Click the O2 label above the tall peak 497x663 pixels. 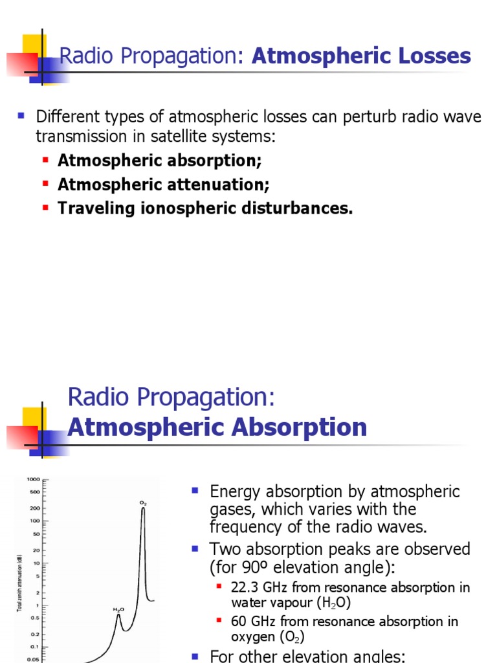click(143, 502)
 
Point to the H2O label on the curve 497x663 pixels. click(118, 609)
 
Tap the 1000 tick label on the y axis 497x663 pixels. click(32, 479)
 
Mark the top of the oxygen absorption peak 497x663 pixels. click(143, 509)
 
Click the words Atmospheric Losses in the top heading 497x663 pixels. click(361, 56)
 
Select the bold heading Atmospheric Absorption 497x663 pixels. click(217, 427)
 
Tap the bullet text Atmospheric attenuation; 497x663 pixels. click(163, 185)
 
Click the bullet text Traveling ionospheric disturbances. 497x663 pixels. click(205, 208)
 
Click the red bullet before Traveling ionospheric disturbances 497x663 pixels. click(45, 208)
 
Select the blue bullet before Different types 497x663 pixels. click(21, 117)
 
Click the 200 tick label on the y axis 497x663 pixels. click(34, 508)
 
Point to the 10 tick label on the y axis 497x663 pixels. click(37, 563)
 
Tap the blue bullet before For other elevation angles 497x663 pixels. click(194, 655)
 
